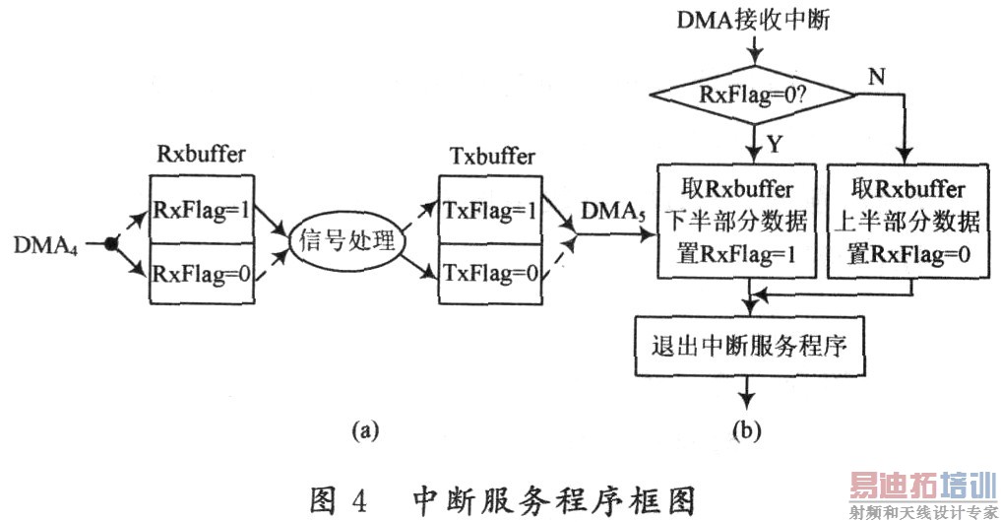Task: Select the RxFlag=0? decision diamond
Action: (x=753, y=96)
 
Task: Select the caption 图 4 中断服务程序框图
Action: (x=502, y=500)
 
